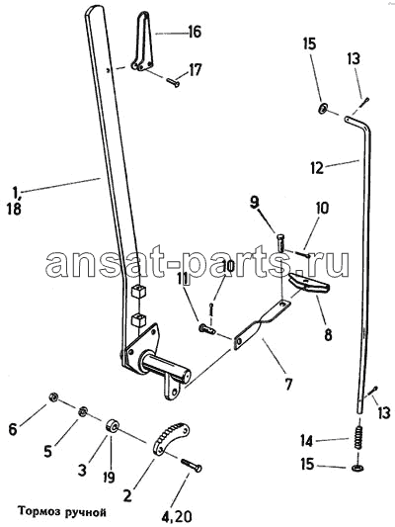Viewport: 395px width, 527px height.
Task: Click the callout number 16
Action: pos(195,32)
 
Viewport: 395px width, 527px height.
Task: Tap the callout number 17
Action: pos(195,70)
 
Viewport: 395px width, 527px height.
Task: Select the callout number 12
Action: pos(317,167)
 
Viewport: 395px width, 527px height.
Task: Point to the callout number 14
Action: pos(307,441)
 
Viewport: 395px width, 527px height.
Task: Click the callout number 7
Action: pos(288,384)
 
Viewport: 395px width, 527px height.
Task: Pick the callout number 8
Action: pos(328,334)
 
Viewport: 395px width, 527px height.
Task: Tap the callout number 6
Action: pos(13,429)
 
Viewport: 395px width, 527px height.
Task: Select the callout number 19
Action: pos(110,478)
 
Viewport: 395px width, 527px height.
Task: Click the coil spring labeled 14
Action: pos(359,438)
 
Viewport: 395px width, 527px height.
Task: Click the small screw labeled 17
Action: pos(172,82)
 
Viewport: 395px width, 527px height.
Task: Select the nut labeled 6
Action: pos(52,397)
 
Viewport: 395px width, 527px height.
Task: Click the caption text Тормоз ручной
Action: pos(62,512)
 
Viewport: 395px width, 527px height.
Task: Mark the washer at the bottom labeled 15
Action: pos(359,468)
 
